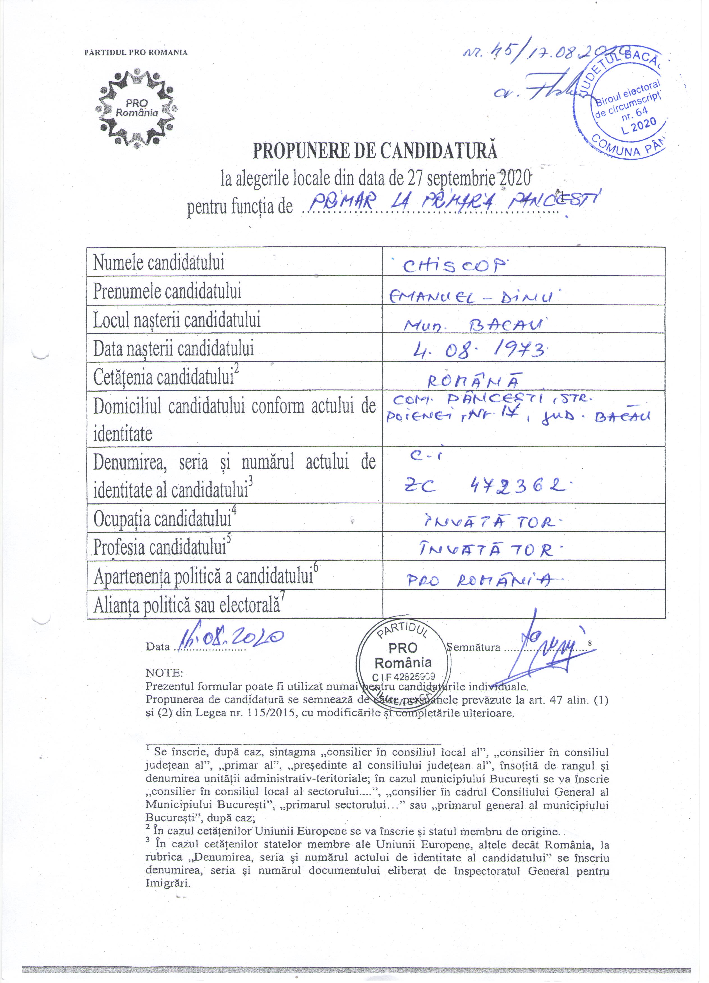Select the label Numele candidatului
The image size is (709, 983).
[159, 262]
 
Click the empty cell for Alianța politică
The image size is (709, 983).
[523, 604]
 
